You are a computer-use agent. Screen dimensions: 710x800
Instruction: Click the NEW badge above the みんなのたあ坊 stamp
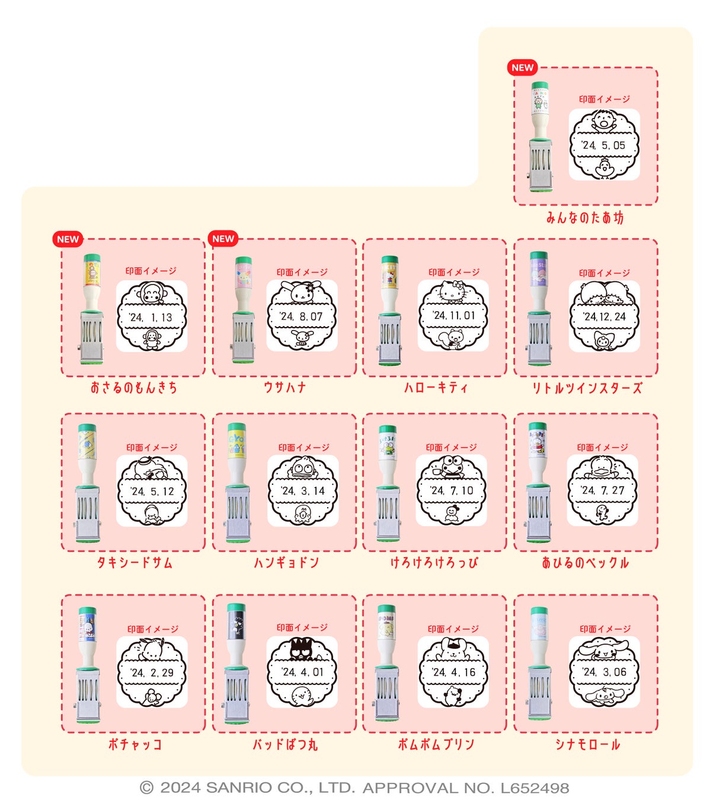pyautogui.click(x=522, y=68)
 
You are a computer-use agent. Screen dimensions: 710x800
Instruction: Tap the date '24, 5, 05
pyautogui.click(x=603, y=145)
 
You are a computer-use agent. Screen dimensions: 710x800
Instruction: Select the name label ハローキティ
pyautogui.click(x=436, y=388)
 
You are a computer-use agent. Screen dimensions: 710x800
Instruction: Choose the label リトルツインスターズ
pyautogui.click(x=587, y=388)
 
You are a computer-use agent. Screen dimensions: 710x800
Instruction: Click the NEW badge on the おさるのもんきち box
pyautogui.click(x=68, y=239)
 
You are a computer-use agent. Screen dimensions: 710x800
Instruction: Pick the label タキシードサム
pyautogui.click(x=135, y=562)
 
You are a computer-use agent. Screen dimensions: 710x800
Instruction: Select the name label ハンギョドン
pyautogui.click(x=286, y=562)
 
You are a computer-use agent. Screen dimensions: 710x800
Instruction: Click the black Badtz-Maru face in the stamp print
pyautogui.click(x=302, y=649)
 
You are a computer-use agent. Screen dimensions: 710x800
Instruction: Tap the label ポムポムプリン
pyautogui.click(x=436, y=744)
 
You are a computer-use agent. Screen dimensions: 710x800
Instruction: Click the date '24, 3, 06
pyautogui.click(x=604, y=672)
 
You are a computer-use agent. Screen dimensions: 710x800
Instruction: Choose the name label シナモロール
pyautogui.click(x=587, y=744)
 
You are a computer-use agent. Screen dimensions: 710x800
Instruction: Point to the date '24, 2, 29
pyautogui.click(x=152, y=673)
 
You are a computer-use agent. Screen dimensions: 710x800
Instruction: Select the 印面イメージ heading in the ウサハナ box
pyautogui.click(x=302, y=273)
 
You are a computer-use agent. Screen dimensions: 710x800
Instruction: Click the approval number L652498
pyautogui.click(x=535, y=788)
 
